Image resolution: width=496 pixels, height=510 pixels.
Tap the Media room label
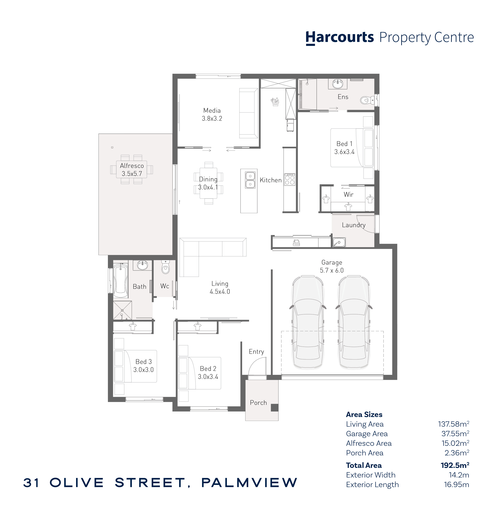[x=212, y=111]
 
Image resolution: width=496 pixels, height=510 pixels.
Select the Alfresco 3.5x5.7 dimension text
[x=132, y=174]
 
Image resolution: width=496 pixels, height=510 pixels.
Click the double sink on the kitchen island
[x=250, y=180]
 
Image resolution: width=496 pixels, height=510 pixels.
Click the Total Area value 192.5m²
[x=455, y=465]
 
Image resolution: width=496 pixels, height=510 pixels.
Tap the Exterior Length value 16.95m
[x=456, y=484]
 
